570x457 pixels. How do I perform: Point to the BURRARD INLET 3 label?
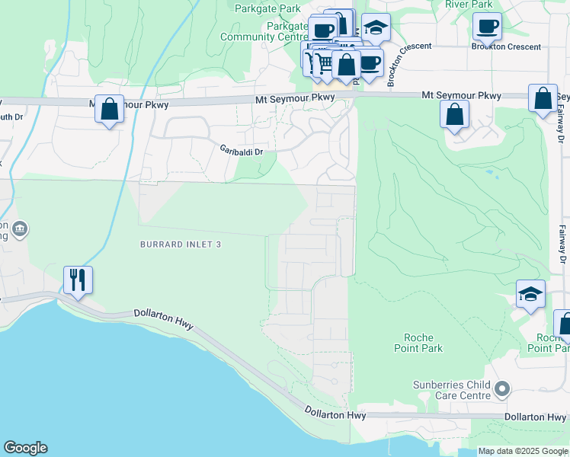pos(181,244)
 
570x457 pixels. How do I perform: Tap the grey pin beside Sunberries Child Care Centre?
pos(501,390)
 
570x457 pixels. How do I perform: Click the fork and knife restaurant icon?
pos(78,280)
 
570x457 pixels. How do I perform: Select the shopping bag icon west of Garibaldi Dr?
pos(110,110)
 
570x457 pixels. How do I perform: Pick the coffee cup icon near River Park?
pos(487,27)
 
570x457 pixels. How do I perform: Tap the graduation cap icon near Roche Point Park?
pos(531,294)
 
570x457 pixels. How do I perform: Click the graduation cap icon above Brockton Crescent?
pos(375,27)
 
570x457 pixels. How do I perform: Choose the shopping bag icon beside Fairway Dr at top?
pos(543,99)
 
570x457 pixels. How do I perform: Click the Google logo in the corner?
pos(25,448)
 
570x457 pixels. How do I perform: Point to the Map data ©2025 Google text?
pos(524,451)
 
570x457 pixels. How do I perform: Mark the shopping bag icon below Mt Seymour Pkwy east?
pos(454,115)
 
